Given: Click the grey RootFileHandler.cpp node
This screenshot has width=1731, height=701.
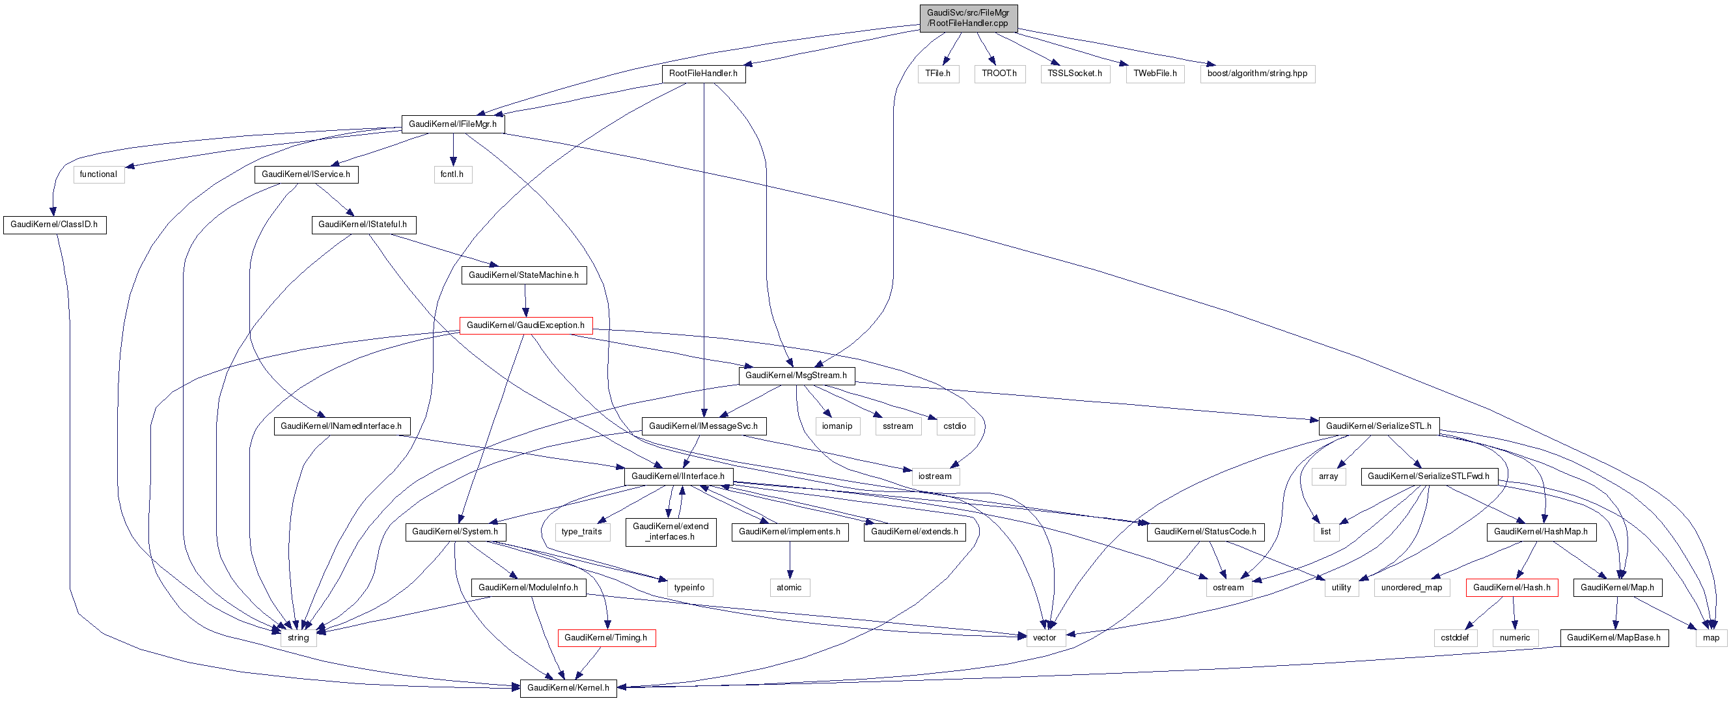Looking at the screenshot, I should coord(967,18).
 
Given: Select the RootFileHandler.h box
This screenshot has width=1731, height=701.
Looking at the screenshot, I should coord(703,74).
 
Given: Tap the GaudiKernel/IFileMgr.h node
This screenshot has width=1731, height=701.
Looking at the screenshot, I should coord(452,124).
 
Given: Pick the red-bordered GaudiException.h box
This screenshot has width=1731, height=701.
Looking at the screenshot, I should coord(525,325).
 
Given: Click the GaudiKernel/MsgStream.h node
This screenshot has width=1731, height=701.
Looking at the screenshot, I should coord(796,376).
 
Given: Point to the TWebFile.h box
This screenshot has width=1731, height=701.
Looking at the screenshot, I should coord(1154,74).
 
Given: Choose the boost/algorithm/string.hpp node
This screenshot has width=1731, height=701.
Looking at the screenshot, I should coord(1256,74).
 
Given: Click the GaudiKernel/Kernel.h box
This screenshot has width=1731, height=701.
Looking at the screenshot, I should coord(568,688).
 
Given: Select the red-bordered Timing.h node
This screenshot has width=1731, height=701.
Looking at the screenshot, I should coord(605,638).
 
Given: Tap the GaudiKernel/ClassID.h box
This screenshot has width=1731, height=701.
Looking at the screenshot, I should coord(54,225).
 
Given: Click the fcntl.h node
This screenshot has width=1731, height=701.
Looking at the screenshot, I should coord(452,174).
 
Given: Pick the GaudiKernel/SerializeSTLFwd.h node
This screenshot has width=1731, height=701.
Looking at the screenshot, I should coord(1429,476).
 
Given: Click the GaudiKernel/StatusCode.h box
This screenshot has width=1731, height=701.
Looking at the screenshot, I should coord(1205,532).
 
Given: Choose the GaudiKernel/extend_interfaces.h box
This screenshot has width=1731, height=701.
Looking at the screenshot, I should coord(670,532).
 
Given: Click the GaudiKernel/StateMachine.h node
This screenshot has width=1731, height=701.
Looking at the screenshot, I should coord(523,275).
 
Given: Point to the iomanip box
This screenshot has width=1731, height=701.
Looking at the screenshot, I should coord(837,427).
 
